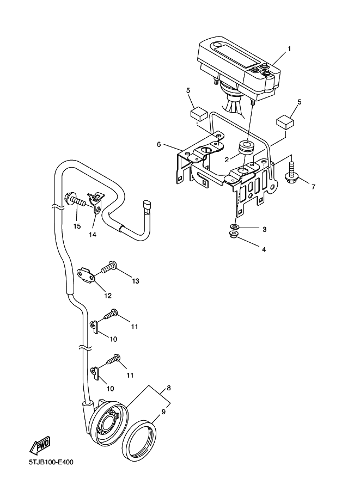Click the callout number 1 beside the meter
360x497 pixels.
coord(289,48)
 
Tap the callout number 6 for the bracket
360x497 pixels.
coord(158,144)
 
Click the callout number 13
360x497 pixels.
coord(136,281)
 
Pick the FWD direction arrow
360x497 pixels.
coord(40,446)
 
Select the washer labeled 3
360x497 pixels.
coord(234,226)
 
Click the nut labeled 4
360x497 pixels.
coord(233,235)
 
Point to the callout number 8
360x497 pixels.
coord(168,388)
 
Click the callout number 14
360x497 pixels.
coord(93,235)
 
